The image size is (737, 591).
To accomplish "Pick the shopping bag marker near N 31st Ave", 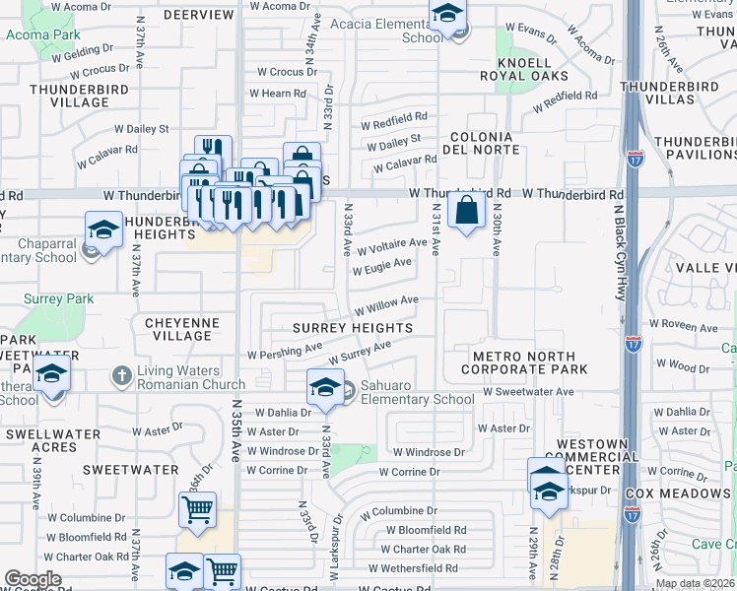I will click(466, 210).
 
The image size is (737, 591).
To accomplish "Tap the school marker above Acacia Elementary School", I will click(447, 15).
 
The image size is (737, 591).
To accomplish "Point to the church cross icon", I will click(122, 376).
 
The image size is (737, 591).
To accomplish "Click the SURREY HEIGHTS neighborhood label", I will click(353, 327).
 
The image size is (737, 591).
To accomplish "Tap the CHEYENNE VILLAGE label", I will click(177, 329).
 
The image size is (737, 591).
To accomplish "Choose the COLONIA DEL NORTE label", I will click(481, 144).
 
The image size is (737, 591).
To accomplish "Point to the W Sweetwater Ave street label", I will click(528, 391).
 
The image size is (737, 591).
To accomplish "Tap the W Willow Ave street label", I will click(387, 304).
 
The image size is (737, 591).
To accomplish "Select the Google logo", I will click(33, 579).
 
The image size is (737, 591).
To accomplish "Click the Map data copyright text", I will click(695, 584).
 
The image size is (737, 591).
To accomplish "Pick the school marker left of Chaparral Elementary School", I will click(103, 230).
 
